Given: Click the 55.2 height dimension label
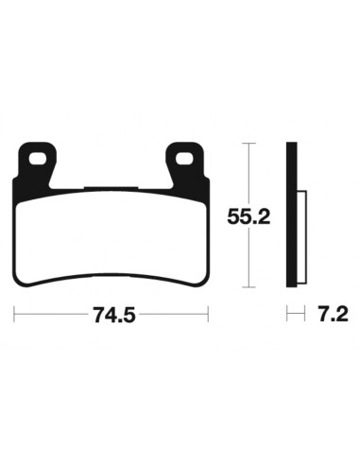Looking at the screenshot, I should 249,217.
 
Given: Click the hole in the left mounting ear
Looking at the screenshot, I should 41,158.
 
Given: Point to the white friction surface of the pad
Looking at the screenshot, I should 112,227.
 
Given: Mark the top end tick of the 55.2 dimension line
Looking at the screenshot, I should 248,144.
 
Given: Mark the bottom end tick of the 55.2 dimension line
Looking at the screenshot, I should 248,286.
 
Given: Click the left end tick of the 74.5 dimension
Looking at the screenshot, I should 16,316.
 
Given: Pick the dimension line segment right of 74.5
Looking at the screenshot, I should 175,316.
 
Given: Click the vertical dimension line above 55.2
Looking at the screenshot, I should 248,175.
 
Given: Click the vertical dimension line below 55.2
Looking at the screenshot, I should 248,260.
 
